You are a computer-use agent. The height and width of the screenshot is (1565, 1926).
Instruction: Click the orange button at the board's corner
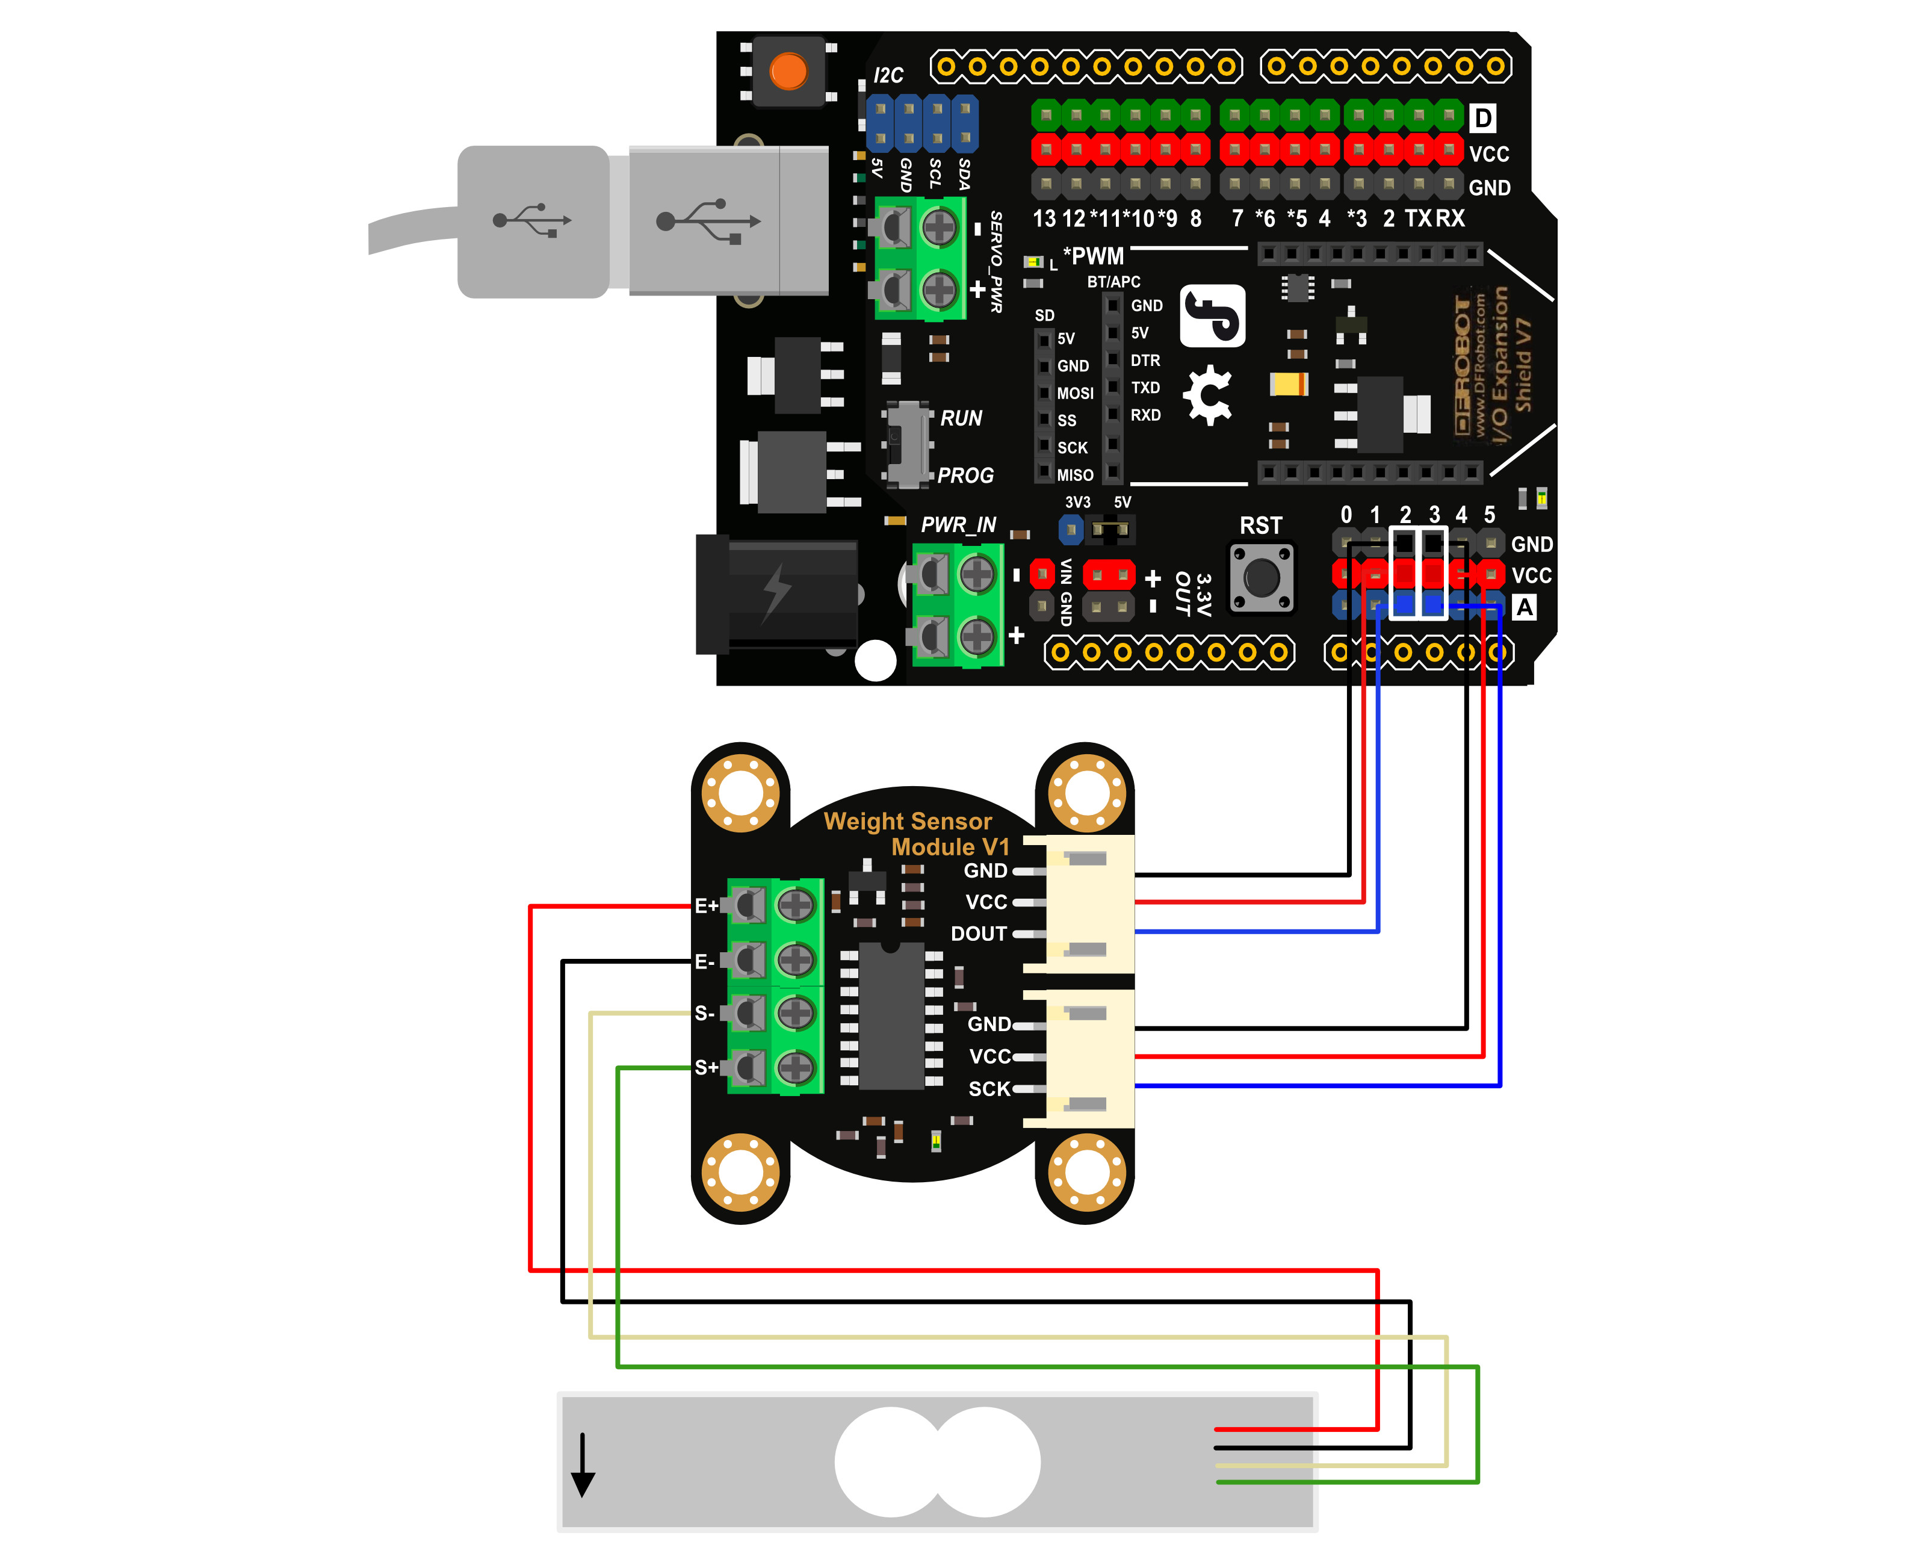tap(788, 71)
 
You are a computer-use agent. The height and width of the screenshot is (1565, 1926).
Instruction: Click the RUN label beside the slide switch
tap(961, 418)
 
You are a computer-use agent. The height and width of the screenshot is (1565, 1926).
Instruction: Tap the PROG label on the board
tap(965, 475)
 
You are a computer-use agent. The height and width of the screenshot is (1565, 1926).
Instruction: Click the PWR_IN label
tap(958, 525)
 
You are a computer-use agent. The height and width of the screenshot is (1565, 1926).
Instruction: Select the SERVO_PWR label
tap(996, 261)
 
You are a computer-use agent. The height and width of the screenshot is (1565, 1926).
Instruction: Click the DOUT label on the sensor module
tap(979, 934)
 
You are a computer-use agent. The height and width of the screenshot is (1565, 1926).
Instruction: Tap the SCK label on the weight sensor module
tap(989, 1089)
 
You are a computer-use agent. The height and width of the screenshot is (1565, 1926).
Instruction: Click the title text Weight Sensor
tap(908, 821)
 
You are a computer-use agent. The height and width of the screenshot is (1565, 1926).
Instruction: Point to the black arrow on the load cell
tap(583, 1465)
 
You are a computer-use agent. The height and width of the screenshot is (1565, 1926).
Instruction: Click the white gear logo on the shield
tap(1208, 395)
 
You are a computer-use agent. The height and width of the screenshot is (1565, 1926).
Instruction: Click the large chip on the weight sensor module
tap(891, 1016)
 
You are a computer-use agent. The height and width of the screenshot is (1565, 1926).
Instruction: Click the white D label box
tap(1482, 118)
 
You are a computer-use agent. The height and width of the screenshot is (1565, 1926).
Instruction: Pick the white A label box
tap(1524, 607)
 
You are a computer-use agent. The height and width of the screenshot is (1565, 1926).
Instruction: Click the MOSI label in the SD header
tap(1075, 393)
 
